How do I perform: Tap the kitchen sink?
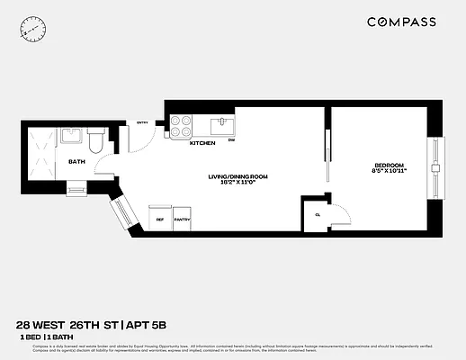[221, 124]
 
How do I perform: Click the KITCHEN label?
[202, 143]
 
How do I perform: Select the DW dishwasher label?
[231, 140]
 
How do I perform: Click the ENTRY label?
[142, 124]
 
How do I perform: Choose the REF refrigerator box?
[160, 219]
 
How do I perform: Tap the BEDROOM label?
[390, 164]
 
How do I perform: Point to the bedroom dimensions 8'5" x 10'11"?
[390, 171]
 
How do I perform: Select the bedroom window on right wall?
[435, 168]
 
